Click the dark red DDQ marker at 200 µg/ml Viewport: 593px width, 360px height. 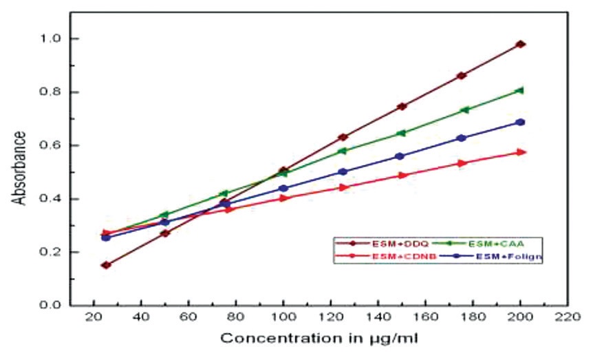coord(521,44)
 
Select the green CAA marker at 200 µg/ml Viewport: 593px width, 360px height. coord(521,90)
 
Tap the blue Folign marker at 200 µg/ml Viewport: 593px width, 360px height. coord(521,123)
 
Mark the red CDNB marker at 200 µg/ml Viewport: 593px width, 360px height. coord(521,152)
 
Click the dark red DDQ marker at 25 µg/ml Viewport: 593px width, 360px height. coord(106,265)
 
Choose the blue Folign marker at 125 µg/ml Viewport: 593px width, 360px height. coord(343,171)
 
